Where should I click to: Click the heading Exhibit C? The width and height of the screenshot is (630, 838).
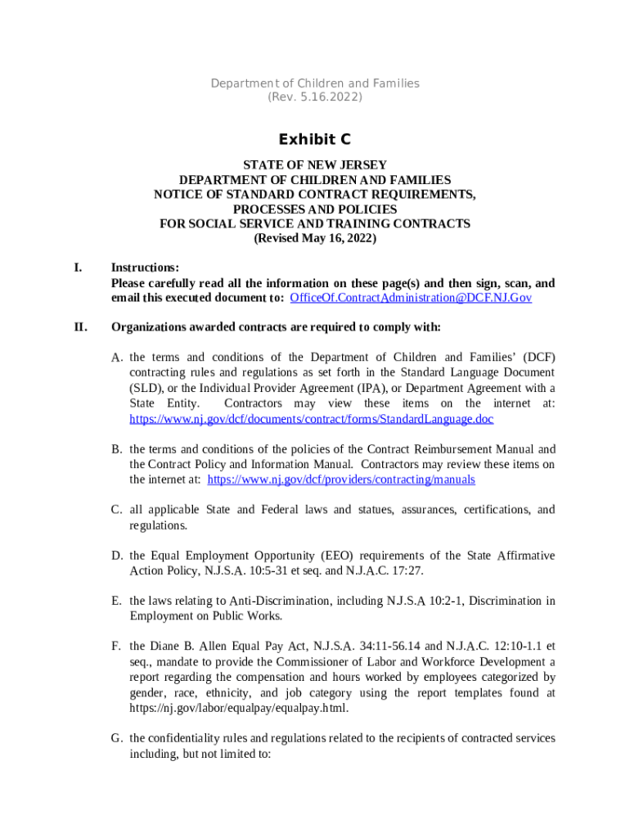click(315, 140)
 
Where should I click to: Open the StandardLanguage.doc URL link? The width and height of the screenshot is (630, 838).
click(312, 419)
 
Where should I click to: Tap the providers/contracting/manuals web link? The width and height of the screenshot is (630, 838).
click(341, 480)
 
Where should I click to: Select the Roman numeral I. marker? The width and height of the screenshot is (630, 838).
click(78, 268)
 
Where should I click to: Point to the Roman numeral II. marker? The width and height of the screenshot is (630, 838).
click(80, 327)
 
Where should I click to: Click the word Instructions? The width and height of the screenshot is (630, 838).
click(145, 268)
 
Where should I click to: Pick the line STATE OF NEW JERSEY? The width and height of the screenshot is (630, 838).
click(315, 165)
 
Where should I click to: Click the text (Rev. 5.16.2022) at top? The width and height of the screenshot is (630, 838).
click(315, 97)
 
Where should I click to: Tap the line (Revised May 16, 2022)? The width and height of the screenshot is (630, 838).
click(315, 239)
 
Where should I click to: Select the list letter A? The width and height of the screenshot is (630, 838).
click(117, 358)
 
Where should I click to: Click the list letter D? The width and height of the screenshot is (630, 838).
click(117, 556)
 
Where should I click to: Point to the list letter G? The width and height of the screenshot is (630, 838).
click(117, 738)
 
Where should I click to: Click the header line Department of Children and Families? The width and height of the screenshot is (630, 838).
click(315, 83)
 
